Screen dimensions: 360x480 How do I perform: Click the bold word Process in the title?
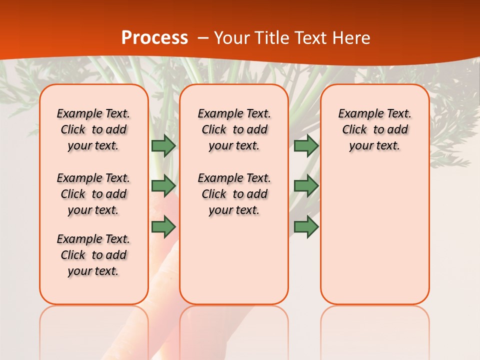click(x=154, y=38)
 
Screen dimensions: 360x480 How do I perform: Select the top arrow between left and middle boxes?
click(x=163, y=146)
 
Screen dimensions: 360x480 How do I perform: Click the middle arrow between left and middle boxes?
click(x=163, y=185)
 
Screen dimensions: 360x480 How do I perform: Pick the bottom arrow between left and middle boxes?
click(x=163, y=226)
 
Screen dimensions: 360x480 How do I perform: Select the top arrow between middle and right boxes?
click(x=306, y=146)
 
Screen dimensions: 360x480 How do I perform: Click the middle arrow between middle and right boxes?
click(x=306, y=185)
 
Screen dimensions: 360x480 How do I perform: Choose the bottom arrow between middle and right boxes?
click(x=306, y=226)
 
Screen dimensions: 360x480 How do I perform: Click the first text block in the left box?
click(x=93, y=129)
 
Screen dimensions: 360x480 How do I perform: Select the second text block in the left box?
click(x=93, y=194)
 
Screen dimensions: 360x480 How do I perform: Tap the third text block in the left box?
click(x=93, y=255)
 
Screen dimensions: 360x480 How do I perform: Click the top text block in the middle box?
click(x=234, y=129)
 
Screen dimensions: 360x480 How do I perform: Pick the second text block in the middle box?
click(x=234, y=194)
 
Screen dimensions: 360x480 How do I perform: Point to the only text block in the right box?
click(x=374, y=129)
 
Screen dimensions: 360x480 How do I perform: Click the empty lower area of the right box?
click(x=374, y=235)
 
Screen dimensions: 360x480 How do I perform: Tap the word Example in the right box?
click(x=357, y=113)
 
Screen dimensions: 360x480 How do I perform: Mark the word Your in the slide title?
click(x=231, y=38)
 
